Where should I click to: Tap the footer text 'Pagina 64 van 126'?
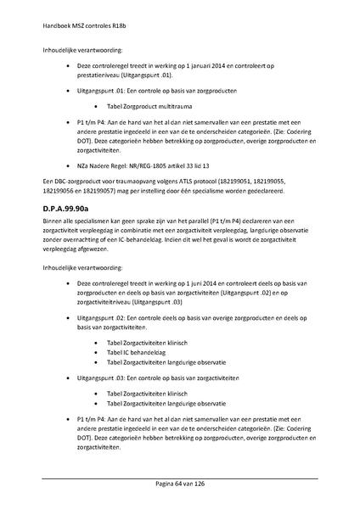coord(180,483)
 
